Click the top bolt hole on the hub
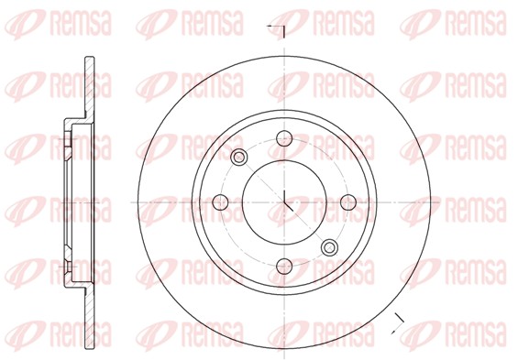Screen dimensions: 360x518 tap(284, 139)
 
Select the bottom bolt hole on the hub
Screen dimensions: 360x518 tap(284, 266)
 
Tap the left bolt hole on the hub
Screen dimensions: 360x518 tap(221, 202)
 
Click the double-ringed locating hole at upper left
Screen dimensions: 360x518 tap(240, 158)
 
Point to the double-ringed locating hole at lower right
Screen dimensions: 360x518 tap(329, 245)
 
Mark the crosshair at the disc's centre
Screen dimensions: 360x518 tap(284, 202)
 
